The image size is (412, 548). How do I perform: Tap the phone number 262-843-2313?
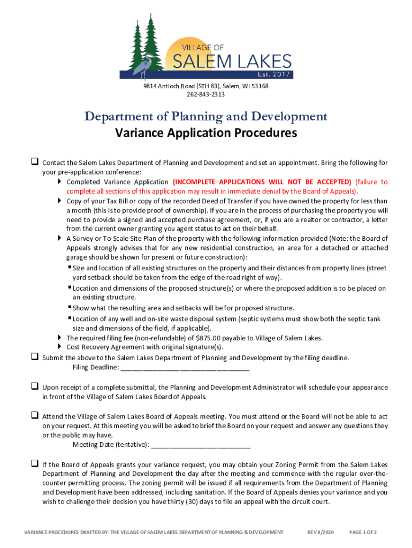tap(205, 95)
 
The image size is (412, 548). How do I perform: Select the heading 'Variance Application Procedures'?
tap(206, 133)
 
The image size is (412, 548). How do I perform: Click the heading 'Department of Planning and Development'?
tap(206, 116)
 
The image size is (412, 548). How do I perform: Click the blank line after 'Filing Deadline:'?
tap(185, 368)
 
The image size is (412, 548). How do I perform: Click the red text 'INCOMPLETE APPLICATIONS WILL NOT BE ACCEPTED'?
tap(262, 181)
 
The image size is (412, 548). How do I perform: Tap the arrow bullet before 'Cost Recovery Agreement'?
tap(59, 347)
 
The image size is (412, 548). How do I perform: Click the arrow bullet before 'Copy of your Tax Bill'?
tap(59, 201)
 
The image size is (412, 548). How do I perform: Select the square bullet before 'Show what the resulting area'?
tap(70, 307)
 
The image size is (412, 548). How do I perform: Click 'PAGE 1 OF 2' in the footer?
tap(363, 532)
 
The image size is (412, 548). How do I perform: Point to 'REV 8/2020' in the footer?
tap(321, 532)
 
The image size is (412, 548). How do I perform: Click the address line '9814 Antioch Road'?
tap(205, 86)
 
